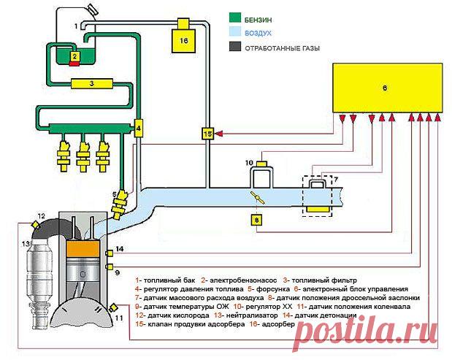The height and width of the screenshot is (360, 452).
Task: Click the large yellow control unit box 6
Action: (388, 88)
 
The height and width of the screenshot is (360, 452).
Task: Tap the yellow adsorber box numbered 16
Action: (183, 40)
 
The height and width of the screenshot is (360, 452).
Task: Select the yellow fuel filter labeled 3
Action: (92, 83)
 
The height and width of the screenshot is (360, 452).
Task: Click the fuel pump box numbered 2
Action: (74, 56)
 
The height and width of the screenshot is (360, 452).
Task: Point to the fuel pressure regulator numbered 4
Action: (139, 128)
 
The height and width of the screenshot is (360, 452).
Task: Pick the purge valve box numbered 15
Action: (207, 134)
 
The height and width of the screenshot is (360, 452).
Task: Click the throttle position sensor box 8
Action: (257, 221)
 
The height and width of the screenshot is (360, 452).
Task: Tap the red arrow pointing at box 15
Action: (219, 134)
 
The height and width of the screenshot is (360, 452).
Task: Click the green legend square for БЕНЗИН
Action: (235, 18)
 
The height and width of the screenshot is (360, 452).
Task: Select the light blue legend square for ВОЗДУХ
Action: (235, 31)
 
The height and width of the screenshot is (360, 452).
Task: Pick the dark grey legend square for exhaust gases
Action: (235, 47)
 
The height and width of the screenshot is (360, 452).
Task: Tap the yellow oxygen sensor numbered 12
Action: (36, 224)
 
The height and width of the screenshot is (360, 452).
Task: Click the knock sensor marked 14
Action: (110, 253)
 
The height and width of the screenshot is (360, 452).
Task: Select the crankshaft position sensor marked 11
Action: (112, 307)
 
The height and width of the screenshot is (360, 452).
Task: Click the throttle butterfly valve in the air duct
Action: (258, 197)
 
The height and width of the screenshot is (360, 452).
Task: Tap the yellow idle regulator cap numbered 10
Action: (262, 164)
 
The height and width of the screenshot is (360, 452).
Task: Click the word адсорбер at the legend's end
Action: (278, 324)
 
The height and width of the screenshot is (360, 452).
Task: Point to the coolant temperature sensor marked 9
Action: (110, 267)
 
